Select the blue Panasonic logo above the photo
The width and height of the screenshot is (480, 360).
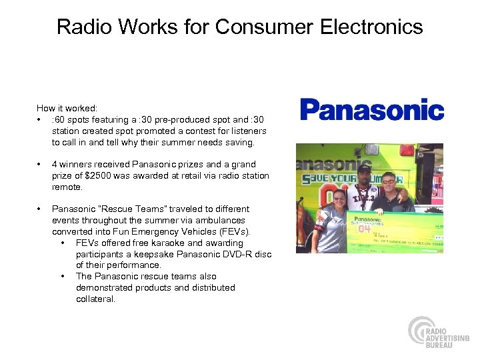click(371, 109)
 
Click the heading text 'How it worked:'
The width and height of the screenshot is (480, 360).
click(67, 108)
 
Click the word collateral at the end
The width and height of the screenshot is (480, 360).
click(95, 299)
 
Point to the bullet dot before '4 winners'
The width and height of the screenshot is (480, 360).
click(41, 164)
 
